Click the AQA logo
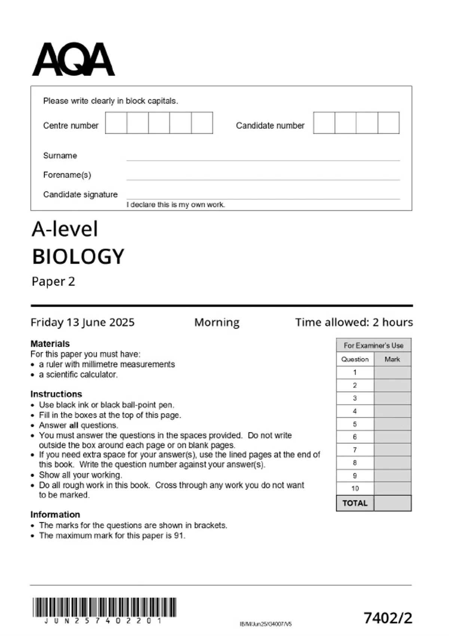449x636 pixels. click(73, 59)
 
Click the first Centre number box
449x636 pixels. click(116, 123)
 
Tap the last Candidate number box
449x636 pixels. click(388, 123)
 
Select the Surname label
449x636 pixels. click(60, 156)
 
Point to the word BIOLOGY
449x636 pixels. click(78, 257)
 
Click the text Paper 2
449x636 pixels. click(53, 281)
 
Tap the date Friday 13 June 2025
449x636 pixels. click(82, 322)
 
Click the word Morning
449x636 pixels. click(217, 322)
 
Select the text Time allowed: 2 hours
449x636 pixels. click(354, 322)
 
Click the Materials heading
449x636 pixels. click(50, 343)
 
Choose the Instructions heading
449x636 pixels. click(56, 394)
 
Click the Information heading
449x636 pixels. click(55, 514)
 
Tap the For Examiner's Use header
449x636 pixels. click(373, 345)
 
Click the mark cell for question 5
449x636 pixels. click(392, 424)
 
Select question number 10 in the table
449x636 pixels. click(355, 488)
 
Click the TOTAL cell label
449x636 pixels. click(355, 503)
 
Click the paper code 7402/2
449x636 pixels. click(388, 618)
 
